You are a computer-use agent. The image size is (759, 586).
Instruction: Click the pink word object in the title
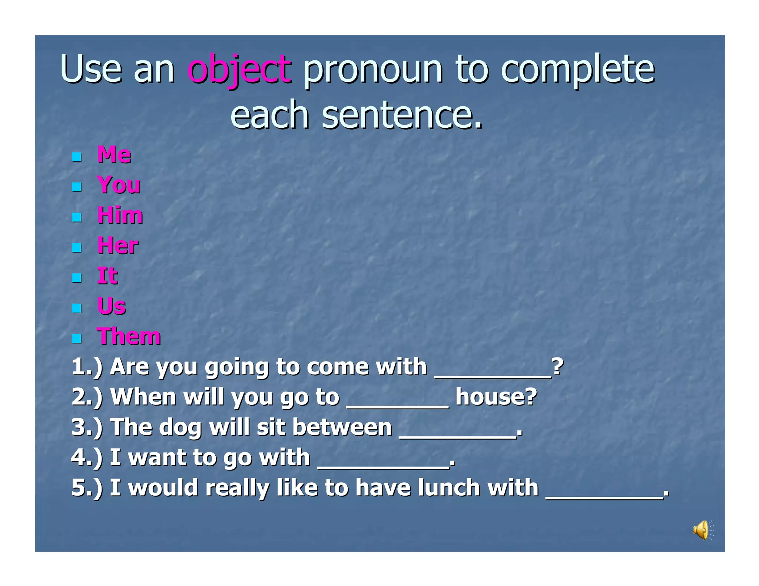coord(239,69)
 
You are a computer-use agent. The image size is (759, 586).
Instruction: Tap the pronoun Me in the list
coord(114,154)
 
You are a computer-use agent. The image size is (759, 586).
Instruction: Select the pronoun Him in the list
coord(120,215)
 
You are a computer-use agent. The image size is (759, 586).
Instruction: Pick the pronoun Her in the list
coord(117,246)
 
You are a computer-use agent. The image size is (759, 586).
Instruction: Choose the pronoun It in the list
coord(107,276)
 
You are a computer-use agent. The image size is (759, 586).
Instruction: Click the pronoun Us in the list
coord(111,306)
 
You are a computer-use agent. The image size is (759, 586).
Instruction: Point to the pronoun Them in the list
coord(129,337)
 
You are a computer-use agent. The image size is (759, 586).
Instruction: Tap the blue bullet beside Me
coord(77,157)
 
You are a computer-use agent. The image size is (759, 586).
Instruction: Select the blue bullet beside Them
coord(77,339)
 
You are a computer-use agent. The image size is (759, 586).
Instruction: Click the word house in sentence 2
coord(496,397)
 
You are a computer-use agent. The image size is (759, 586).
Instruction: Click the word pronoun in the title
coord(372,69)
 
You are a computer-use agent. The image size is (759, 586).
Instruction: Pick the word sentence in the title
coord(402,115)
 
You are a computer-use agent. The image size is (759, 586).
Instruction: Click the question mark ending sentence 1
coord(557,367)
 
